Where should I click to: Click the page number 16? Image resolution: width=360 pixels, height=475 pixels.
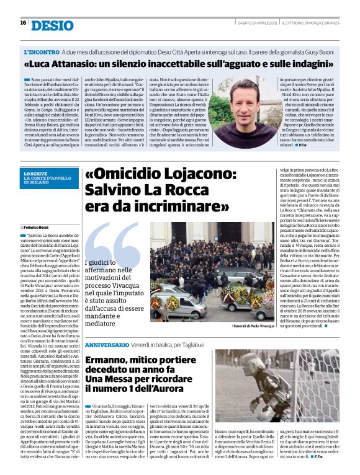[x=22, y=23]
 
